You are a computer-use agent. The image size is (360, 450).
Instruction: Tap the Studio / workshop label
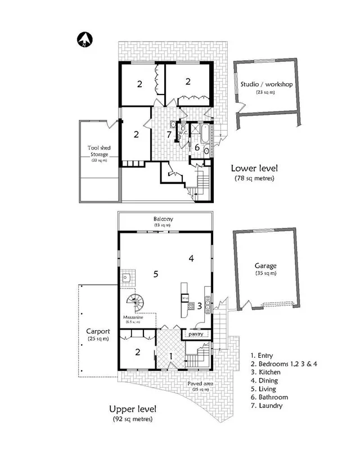point(266,84)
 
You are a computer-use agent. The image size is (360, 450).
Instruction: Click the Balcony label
point(165,219)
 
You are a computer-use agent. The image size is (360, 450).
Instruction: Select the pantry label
point(196,334)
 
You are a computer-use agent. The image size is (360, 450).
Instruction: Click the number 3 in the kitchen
point(200,306)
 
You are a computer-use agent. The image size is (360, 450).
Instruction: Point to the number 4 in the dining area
point(191,259)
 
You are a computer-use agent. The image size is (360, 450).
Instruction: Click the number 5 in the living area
point(155,274)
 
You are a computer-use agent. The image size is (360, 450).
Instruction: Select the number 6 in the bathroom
point(197,147)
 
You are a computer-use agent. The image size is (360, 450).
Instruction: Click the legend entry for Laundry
point(268,405)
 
